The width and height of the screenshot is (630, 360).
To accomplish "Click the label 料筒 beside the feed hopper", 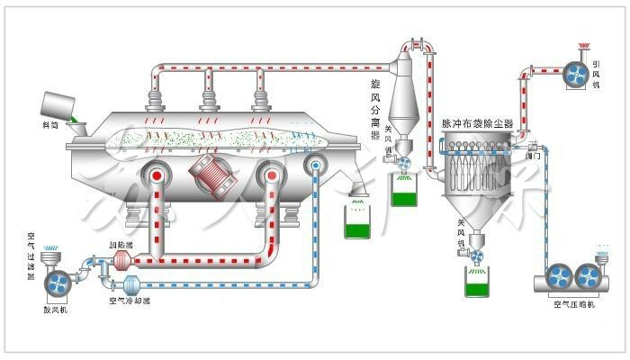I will click(x=51, y=125).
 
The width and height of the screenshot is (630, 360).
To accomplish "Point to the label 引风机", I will click(x=597, y=76).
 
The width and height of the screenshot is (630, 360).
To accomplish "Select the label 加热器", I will click(x=121, y=244).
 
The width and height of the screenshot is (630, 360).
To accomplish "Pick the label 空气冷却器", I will click(x=129, y=301).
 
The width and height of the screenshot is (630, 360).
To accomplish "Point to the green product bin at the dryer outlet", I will click(x=359, y=222).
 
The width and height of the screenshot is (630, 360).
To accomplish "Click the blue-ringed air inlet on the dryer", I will click(x=315, y=164).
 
